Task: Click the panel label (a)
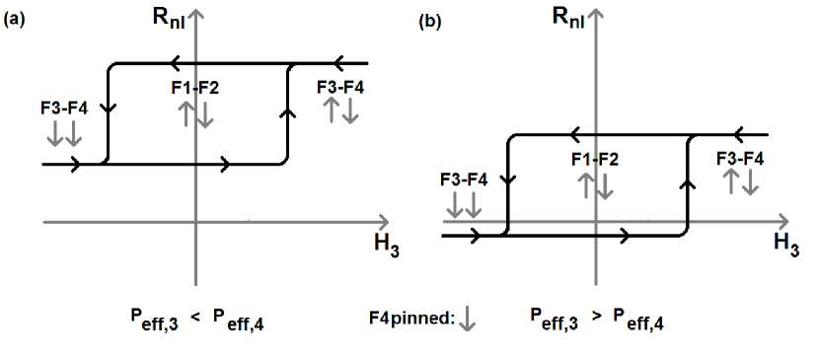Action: pos(15,21)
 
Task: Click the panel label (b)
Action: pos(431,20)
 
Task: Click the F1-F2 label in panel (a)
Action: pos(194,88)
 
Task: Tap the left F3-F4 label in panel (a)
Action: pos(64,108)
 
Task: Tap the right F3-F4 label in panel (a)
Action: pos(341,88)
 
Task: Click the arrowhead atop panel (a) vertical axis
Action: pos(198,14)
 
